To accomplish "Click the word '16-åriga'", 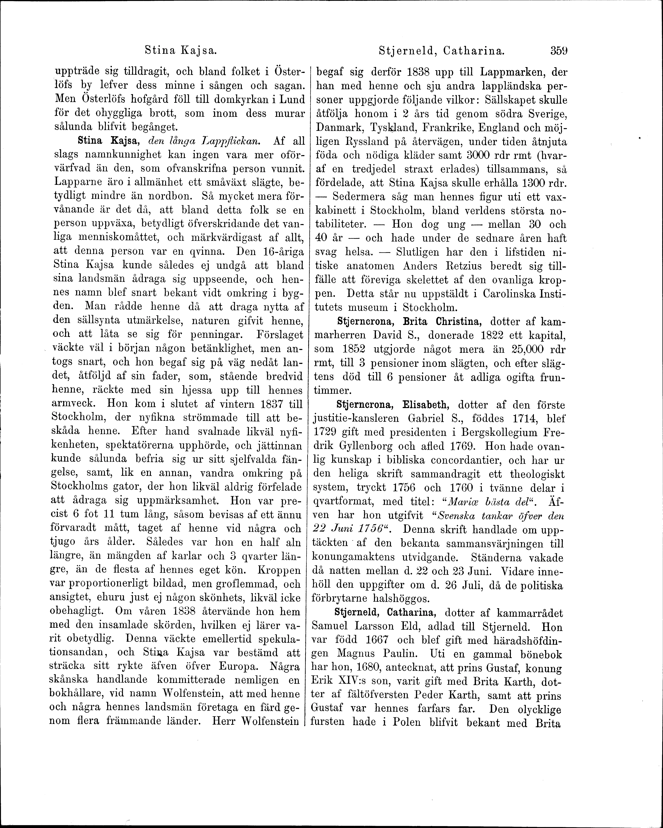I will pos(283,252).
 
